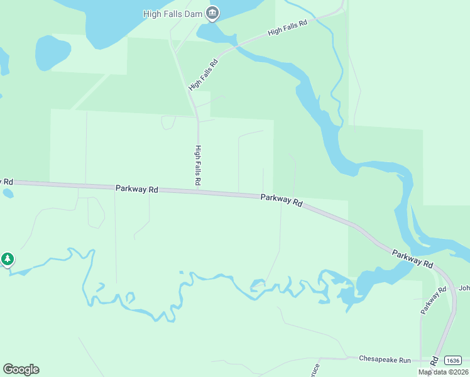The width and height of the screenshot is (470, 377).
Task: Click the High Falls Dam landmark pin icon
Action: click(x=212, y=13)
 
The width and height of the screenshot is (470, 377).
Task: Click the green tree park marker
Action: click(x=7, y=259)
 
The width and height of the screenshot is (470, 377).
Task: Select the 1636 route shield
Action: click(x=452, y=360)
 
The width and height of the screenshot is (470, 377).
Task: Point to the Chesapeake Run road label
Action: click(x=385, y=359)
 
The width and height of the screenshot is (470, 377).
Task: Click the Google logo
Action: click(x=21, y=369)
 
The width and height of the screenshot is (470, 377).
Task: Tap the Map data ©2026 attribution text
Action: click(x=444, y=372)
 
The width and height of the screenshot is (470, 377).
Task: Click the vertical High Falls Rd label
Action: click(x=198, y=165)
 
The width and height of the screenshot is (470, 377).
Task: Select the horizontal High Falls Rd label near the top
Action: click(x=287, y=28)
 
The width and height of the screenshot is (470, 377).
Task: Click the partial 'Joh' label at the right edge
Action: click(x=464, y=288)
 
